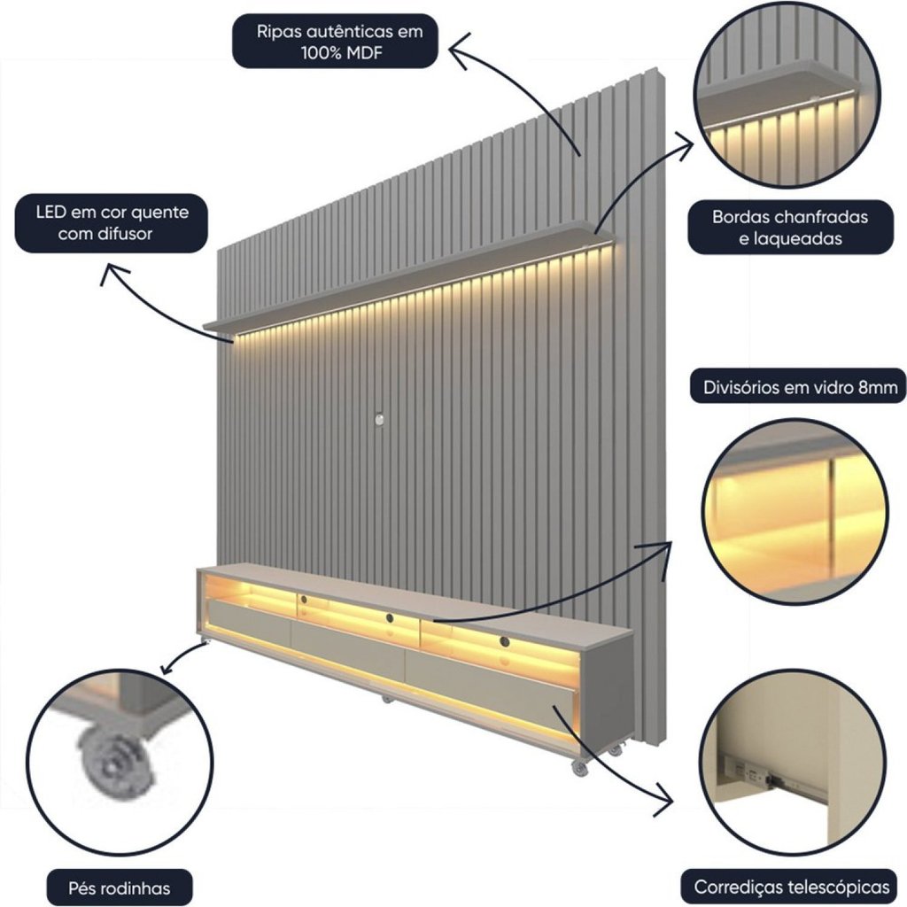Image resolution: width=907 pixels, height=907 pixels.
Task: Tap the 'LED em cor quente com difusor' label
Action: [x=112, y=223]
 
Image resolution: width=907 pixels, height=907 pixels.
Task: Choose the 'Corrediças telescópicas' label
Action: [x=790, y=887]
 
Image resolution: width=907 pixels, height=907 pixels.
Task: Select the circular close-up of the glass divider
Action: [x=794, y=508]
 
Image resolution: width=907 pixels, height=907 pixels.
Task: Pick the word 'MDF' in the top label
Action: [x=363, y=54]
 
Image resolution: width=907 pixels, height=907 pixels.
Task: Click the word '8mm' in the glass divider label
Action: [x=876, y=387]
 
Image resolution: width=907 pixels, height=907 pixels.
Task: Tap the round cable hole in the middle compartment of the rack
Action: [x=388, y=616]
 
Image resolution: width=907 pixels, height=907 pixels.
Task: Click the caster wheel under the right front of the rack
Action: [x=578, y=768]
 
